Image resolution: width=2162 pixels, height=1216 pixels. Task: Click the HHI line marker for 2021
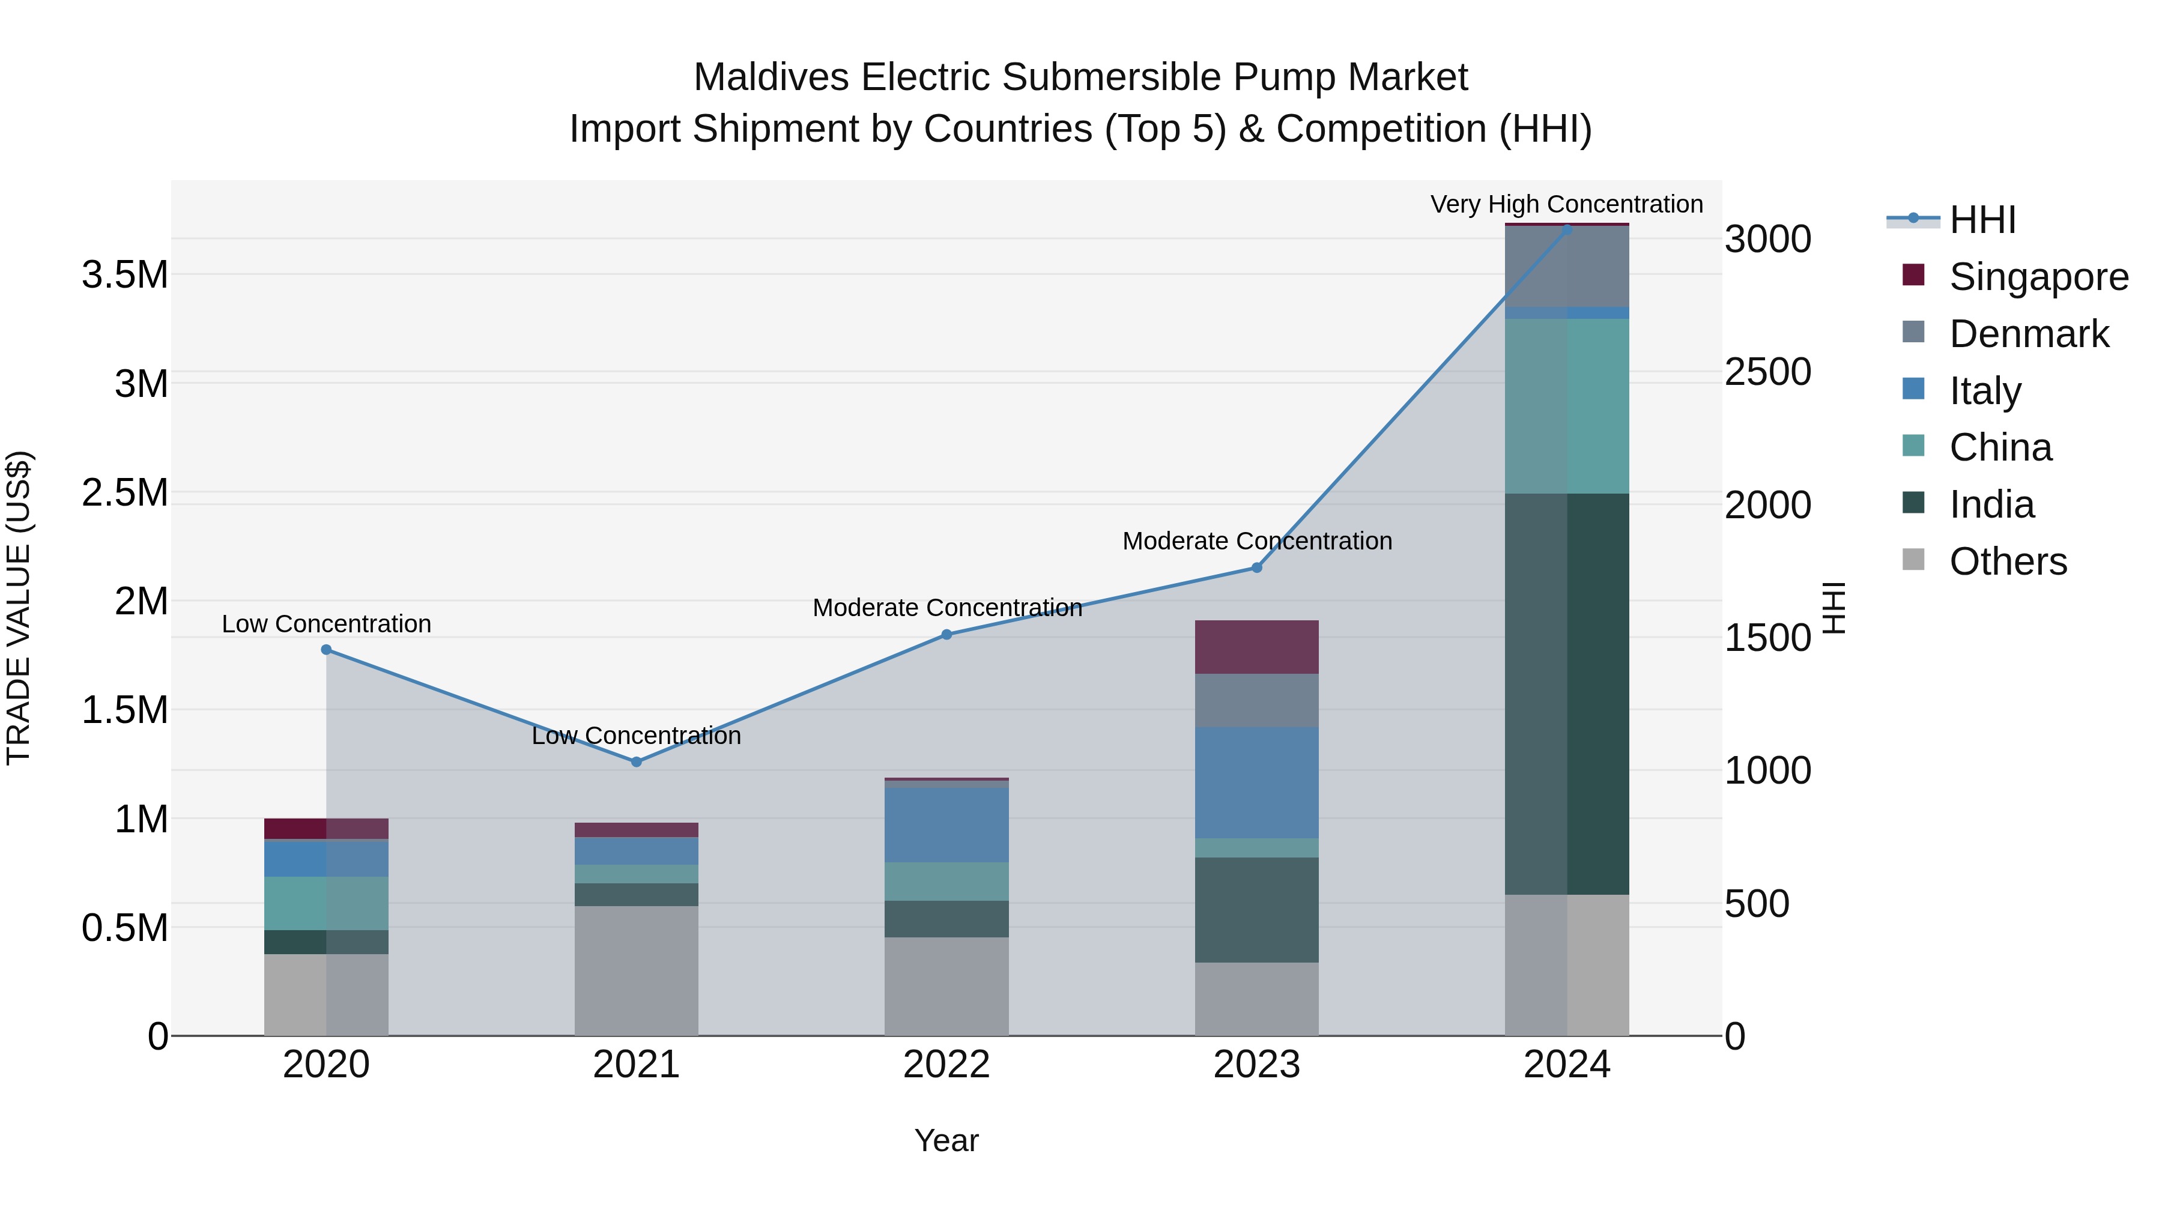tap(636, 762)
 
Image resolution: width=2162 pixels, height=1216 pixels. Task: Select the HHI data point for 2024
tap(1567, 228)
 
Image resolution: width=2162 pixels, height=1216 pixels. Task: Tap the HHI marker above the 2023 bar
tap(1256, 568)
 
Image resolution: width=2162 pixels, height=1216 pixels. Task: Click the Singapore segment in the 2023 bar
tap(1256, 647)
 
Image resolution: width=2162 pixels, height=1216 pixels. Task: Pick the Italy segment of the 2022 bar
tap(946, 825)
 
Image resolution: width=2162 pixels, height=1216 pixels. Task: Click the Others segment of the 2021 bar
tap(636, 970)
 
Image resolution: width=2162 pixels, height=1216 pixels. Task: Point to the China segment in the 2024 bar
tap(1567, 406)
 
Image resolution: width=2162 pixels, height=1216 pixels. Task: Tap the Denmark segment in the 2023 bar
tap(1256, 701)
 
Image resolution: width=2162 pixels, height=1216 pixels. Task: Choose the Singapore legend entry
tap(2038, 277)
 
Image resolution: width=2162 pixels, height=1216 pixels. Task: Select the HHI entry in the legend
tap(1982, 220)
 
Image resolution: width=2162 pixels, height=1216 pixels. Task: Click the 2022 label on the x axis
tap(946, 1065)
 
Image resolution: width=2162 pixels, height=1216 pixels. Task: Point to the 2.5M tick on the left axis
tap(125, 492)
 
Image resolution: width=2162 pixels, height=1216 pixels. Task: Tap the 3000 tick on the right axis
tap(1767, 239)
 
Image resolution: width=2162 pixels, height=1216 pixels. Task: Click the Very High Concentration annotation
tap(1566, 205)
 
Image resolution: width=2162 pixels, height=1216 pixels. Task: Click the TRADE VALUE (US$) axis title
tap(19, 608)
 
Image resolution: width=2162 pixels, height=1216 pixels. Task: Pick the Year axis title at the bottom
tap(946, 1140)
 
